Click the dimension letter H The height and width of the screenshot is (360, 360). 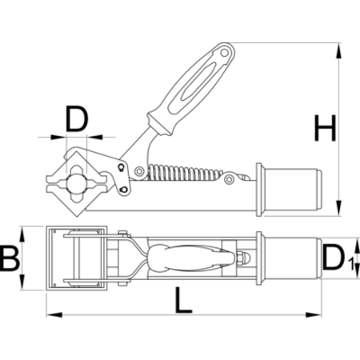point(325,128)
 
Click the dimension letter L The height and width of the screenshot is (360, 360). point(183,300)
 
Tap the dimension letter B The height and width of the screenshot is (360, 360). point(9,258)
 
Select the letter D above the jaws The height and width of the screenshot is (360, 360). point(77,119)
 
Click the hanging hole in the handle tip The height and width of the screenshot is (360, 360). point(225,52)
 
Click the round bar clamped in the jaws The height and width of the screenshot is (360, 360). point(77,182)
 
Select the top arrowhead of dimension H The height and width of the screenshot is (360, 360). point(338,50)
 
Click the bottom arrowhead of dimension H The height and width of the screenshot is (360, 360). point(338,208)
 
